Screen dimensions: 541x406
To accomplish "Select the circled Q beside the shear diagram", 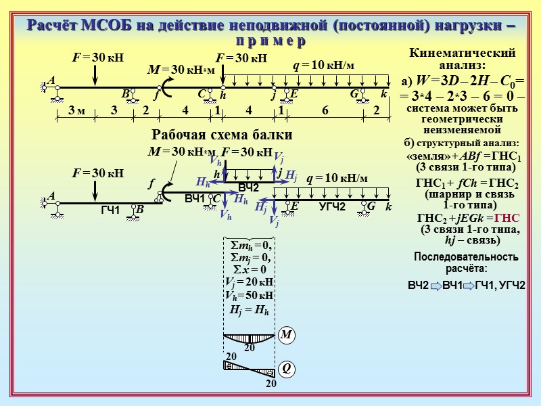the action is pos(286,368).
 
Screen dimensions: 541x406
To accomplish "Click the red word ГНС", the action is pos(508,217).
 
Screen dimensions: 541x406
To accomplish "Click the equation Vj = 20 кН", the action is pos(249,281).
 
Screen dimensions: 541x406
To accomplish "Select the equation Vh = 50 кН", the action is pos(249,296).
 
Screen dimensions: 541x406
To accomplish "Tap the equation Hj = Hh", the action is pos(250,311).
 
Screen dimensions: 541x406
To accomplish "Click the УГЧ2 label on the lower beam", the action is pos(332,206).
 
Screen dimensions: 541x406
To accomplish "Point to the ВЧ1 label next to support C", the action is pos(195,198).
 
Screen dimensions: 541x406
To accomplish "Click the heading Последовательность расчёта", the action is pos(466,263).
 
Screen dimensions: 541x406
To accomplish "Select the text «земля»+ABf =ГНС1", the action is pos(463,156).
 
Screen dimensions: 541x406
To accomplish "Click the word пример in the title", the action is pos(270,41).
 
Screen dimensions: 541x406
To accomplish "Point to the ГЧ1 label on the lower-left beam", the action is pos(110,211).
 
